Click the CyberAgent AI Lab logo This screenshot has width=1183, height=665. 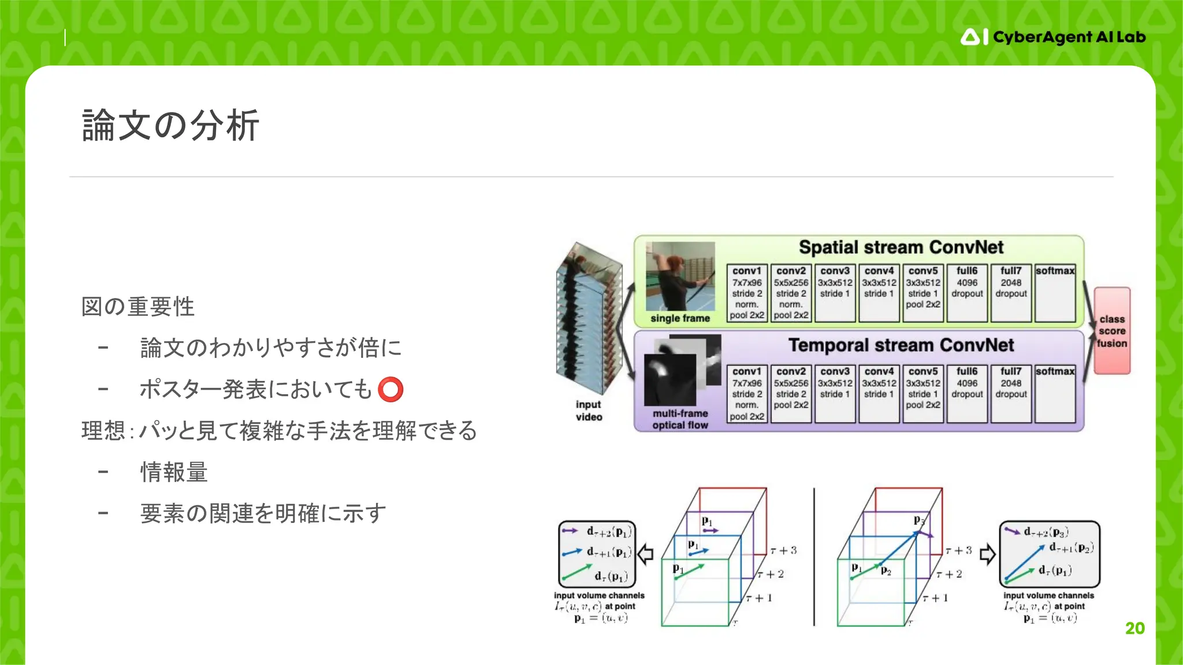[x=1052, y=38]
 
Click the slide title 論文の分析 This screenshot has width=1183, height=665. [x=170, y=125]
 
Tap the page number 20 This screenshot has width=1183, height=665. [x=1134, y=628]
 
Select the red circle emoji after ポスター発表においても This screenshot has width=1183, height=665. [x=390, y=389]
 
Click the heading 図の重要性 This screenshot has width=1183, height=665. [x=138, y=307]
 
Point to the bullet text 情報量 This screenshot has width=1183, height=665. [x=174, y=472]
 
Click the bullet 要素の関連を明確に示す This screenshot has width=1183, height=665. [x=263, y=513]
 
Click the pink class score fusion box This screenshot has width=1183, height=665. [x=1112, y=331]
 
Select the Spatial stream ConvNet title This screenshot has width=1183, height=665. [x=901, y=248]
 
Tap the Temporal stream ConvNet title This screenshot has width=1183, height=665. [x=901, y=345]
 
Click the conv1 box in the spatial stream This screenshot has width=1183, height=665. [x=747, y=293]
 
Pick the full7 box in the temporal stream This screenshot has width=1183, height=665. [x=1011, y=393]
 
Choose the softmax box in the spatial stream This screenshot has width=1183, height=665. [x=1055, y=293]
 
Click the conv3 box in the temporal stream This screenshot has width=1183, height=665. [x=835, y=393]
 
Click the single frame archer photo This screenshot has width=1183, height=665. [x=680, y=277]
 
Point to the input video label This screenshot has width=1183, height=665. [x=589, y=410]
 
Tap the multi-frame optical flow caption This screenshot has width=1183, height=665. [x=680, y=419]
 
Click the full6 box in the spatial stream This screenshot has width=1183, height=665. [x=967, y=293]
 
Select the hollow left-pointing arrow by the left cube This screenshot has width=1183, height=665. [x=645, y=554]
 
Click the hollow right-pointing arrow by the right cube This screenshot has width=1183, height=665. [x=987, y=554]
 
